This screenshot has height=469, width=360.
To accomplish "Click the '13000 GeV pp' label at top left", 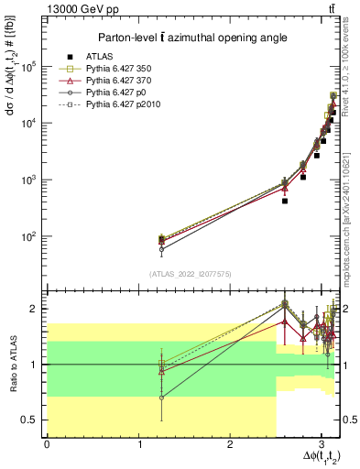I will pyautogui.click(x=74, y=8).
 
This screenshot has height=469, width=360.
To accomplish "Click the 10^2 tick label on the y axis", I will pyautogui.click(x=33, y=236).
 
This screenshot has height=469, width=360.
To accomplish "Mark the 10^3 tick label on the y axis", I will pyautogui.click(x=33, y=180).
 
